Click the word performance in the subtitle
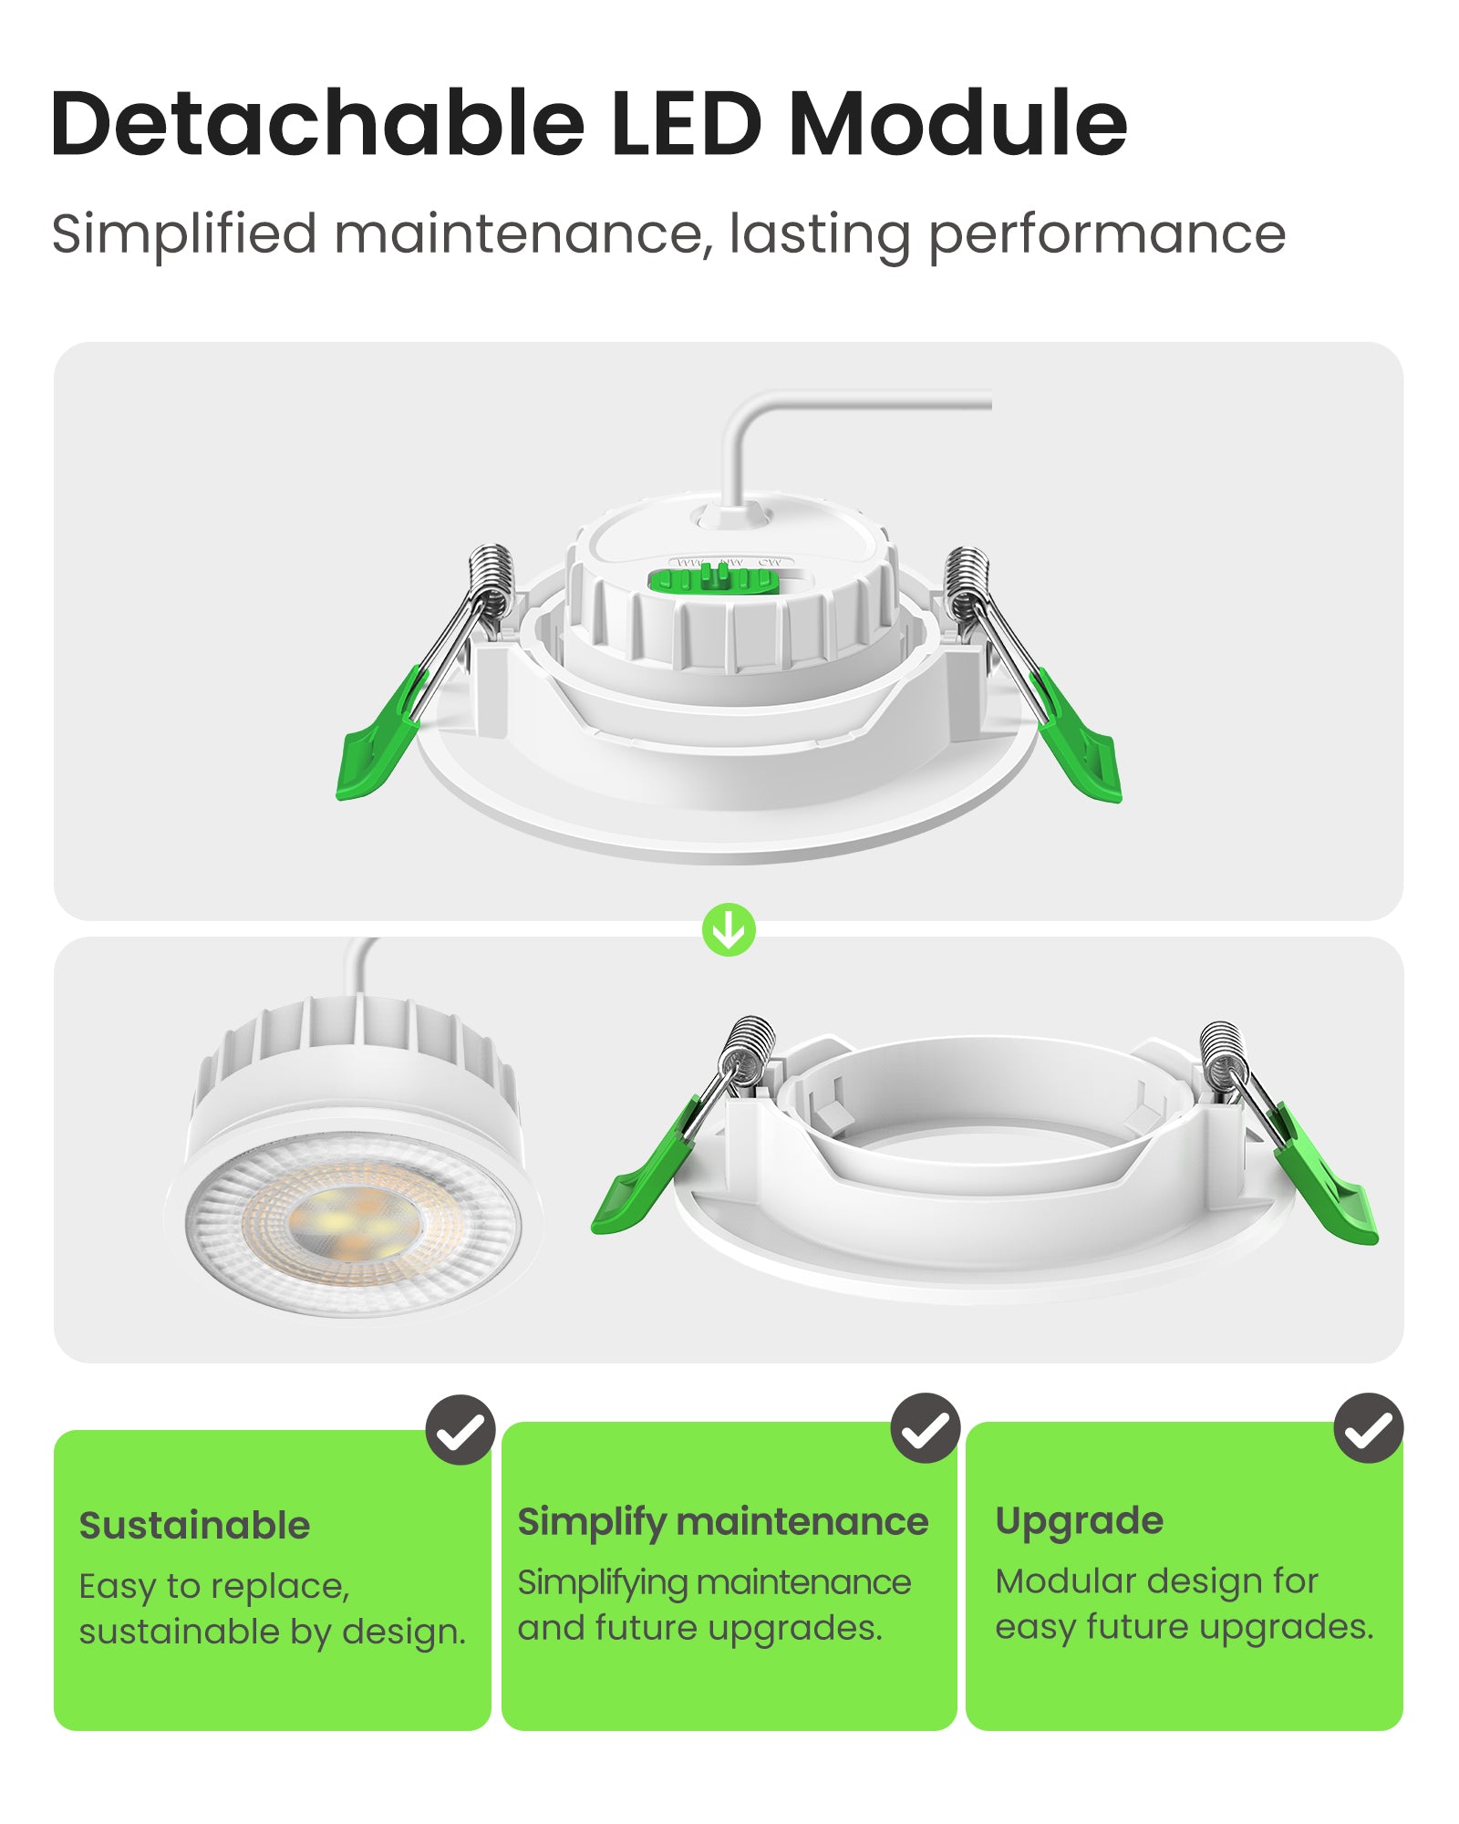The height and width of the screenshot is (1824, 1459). coord(1106,235)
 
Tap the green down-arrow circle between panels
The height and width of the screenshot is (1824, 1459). coord(729,929)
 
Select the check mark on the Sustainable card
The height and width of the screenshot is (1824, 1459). coord(460,1429)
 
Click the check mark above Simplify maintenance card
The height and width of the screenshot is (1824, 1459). coord(925,1427)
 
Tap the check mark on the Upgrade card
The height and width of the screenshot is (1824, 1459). coord(1368,1427)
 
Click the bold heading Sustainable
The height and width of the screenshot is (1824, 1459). coord(194,1526)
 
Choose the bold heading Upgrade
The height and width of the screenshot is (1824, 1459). coord(1079,1521)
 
